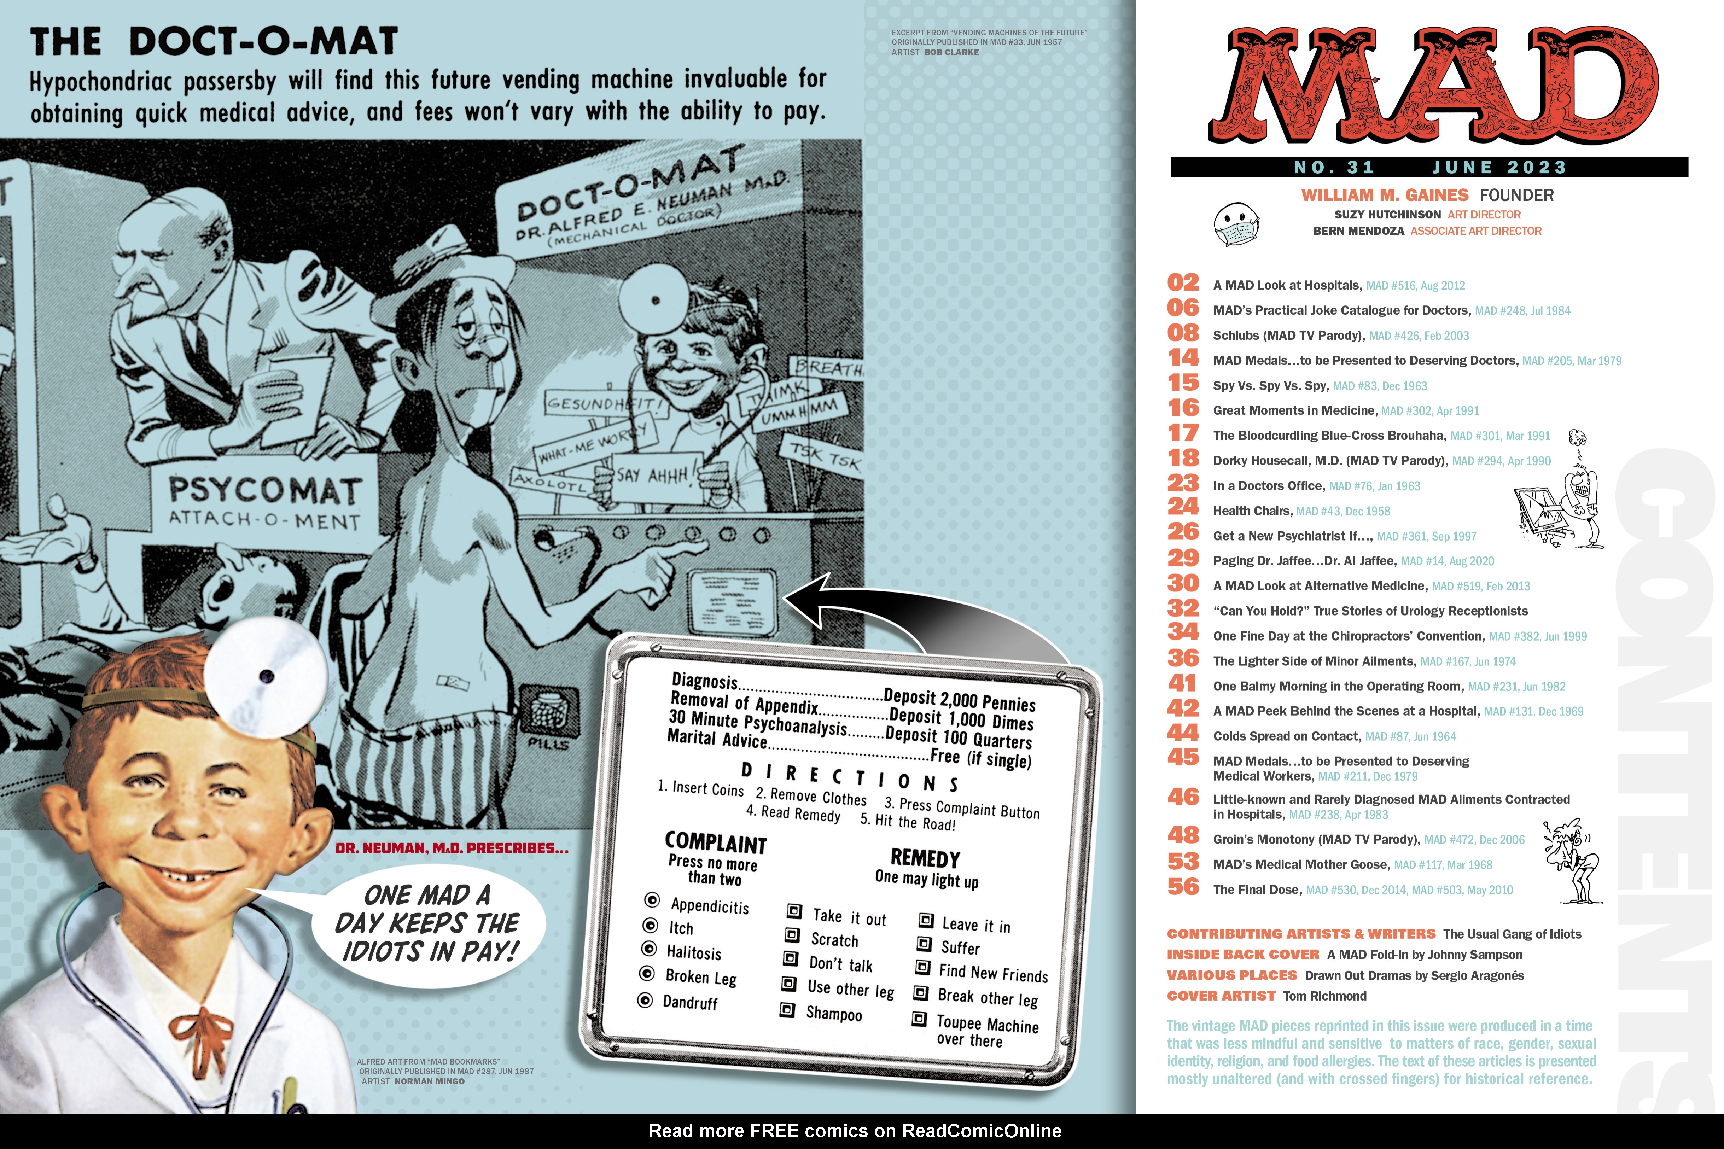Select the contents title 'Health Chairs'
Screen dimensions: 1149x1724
pos(1251,511)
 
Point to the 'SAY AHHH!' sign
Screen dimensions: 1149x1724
pos(652,475)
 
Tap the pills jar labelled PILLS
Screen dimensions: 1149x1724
pos(549,715)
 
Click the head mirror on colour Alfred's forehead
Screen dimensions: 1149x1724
pos(265,676)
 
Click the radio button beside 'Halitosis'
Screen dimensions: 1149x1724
pos(648,949)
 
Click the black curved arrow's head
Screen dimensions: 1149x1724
pos(806,597)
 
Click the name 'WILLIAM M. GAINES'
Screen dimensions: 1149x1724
pos(1384,195)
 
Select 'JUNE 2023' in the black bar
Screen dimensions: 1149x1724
pos(1499,167)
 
